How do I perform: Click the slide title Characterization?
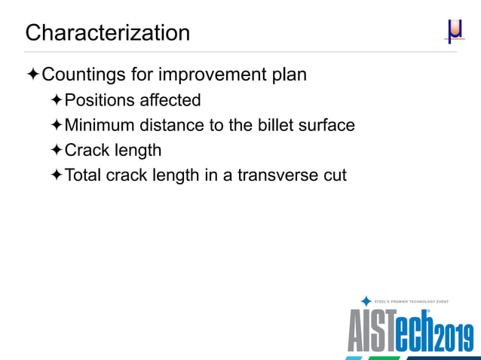click(x=107, y=33)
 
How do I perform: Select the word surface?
click(x=328, y=125)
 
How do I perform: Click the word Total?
click(x=83, y=175)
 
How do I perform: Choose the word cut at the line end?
click(x=334, y=175)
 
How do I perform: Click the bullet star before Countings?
click(x=32, y=75)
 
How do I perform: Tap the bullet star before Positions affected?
click(x=57, y=100)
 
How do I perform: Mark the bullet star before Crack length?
click(x=57, y=150)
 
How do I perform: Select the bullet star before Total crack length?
click(x=57, y=175)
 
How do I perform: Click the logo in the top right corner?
click(x=454, y=31)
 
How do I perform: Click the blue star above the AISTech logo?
click(x=366, y=301)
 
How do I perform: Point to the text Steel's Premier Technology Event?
click(x=412, y=301)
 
